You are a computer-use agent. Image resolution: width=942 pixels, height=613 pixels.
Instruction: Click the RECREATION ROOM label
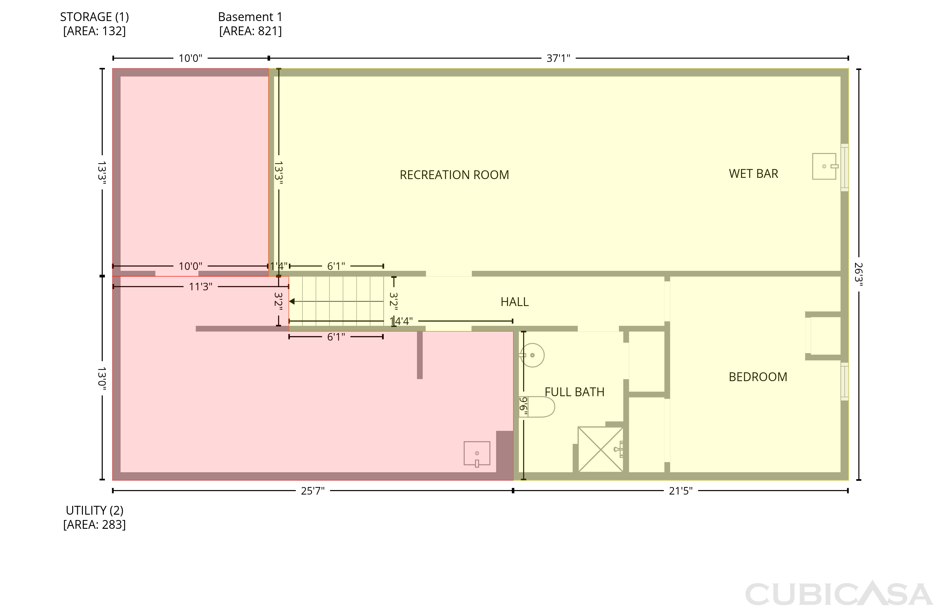[x=454, y=175]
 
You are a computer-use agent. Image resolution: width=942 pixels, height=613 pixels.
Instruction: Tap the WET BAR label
[x=753, y=173]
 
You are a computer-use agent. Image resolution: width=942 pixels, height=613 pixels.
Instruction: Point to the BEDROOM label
[x=758, y=377]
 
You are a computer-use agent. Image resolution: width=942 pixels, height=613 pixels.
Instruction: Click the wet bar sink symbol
[x=825, y=166]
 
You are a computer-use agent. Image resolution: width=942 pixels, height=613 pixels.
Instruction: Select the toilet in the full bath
[x=537, y=407]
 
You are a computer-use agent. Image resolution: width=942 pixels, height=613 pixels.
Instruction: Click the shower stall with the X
[x=601, y=449]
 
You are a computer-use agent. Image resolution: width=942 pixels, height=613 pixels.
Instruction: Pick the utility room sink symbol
[x=477, y=454]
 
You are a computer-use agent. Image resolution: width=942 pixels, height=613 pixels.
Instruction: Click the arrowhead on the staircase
[x=292, y=302]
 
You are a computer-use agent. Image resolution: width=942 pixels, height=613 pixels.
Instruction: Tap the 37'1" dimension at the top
[x=558, y=58]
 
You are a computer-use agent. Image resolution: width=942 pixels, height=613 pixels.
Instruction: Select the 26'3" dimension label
[x=858, y=274]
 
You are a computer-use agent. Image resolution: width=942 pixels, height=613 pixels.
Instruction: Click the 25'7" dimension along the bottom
[x=313, y=491]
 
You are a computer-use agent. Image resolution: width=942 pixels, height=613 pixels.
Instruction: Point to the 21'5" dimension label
[x=681, y=491]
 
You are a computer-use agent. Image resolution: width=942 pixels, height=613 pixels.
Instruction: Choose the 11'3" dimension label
[x=201, y=286]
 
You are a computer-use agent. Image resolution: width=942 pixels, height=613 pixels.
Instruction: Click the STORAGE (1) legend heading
[x=94, y=17]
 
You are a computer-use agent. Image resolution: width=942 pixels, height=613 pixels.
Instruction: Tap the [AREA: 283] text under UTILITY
[x=94, y=524]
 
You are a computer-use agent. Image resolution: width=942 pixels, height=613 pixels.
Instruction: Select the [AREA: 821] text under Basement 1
[x=251, y=31]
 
